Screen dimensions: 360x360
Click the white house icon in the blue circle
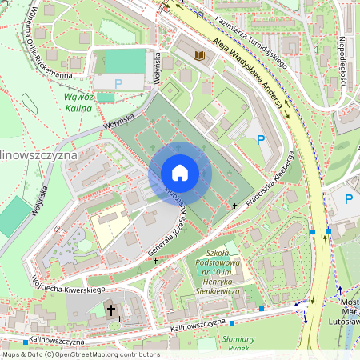tap(179, 173)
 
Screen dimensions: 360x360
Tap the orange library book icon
tap(199, 54)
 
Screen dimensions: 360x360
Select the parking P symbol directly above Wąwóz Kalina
tap(118, 82)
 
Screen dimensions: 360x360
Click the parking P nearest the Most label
tap(348, 198)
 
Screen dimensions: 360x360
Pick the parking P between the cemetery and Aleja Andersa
tap(260, 140)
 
